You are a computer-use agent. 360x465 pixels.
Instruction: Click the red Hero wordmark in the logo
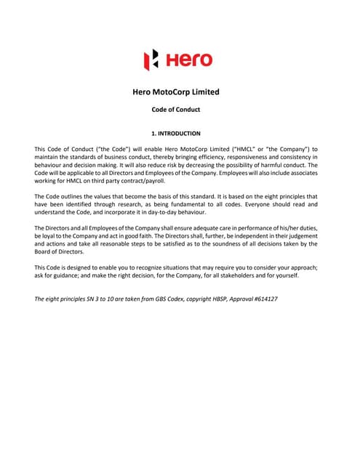click(190, 60)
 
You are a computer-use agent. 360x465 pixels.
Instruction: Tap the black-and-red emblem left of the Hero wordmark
click(151, 60)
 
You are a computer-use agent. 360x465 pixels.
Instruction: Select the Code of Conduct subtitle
click(175, 110)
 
